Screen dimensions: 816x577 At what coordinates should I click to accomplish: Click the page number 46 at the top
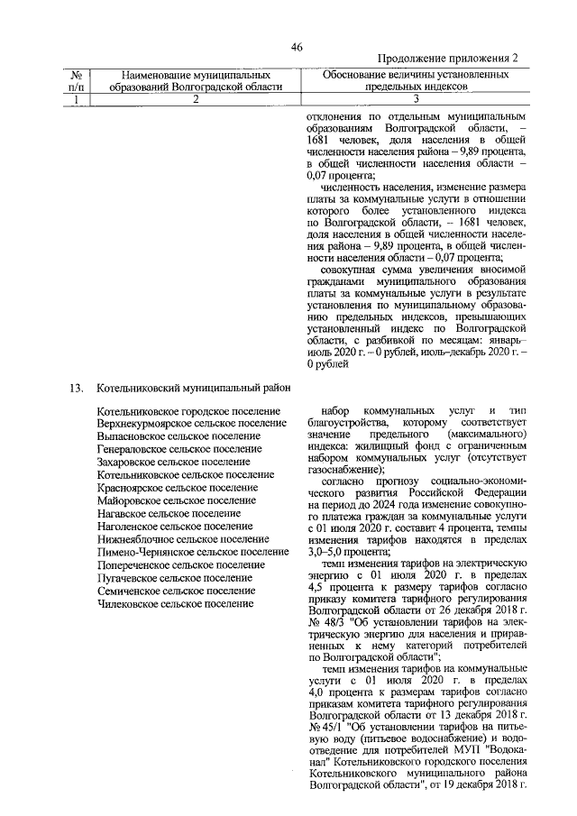tap(297, 48)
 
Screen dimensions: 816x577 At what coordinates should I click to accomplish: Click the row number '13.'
tap(77, 389)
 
